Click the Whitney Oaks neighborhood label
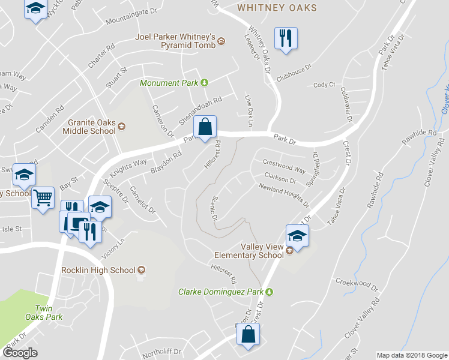[277, 8]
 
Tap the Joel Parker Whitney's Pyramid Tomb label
[176, 40]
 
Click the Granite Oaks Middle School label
[92, 126]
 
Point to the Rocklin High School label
[98, 270]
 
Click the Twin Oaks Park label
[48, 312]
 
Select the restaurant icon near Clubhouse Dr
[285, 38]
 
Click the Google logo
[20, 353]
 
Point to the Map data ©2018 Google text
[412, 355]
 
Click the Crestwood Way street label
[285, 165]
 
